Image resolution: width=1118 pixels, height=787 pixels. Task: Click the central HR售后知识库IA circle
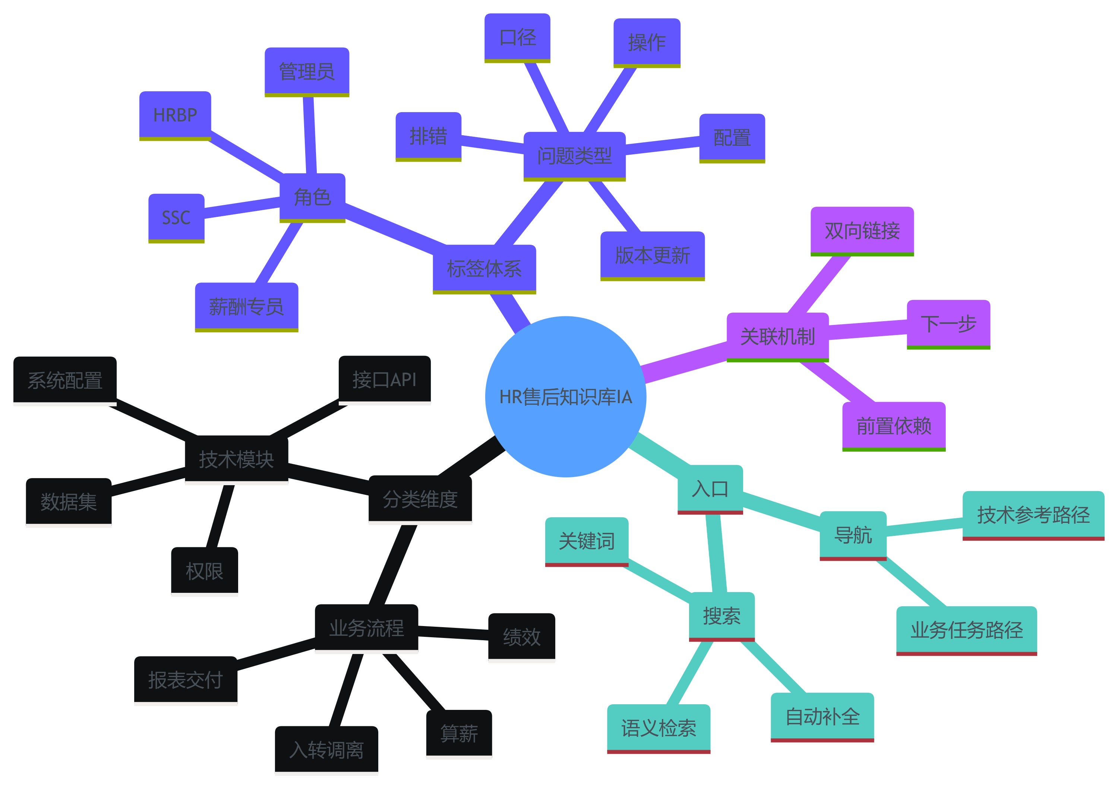tap(565, 396)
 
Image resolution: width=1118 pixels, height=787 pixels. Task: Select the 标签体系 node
tap(484, 268)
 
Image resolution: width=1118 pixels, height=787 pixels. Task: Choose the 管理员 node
tap(307, 71)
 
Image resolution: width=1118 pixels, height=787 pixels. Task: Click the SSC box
tap(176, 217)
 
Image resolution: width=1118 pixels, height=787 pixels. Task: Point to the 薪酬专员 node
tap(246, 306)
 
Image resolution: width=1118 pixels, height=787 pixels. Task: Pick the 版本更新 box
tap(653, 255)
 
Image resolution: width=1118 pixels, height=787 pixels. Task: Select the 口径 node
tap(517, 37)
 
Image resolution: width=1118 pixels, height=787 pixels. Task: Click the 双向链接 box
tap(862, 230)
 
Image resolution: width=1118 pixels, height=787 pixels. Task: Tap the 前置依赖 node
tap(894, 426)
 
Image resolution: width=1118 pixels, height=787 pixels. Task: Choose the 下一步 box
tap(948, 323)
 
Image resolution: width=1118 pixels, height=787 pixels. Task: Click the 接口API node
tap(385, 379)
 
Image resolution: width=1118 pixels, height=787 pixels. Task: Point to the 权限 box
tap(205, 571)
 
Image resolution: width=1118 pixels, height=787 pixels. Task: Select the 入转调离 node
tap(326, 749)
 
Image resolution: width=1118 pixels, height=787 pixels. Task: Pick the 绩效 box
tap(521, 636)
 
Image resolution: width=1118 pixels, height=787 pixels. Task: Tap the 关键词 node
tap(586, 541)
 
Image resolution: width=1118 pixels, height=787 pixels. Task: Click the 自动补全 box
tap(822, 716)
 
